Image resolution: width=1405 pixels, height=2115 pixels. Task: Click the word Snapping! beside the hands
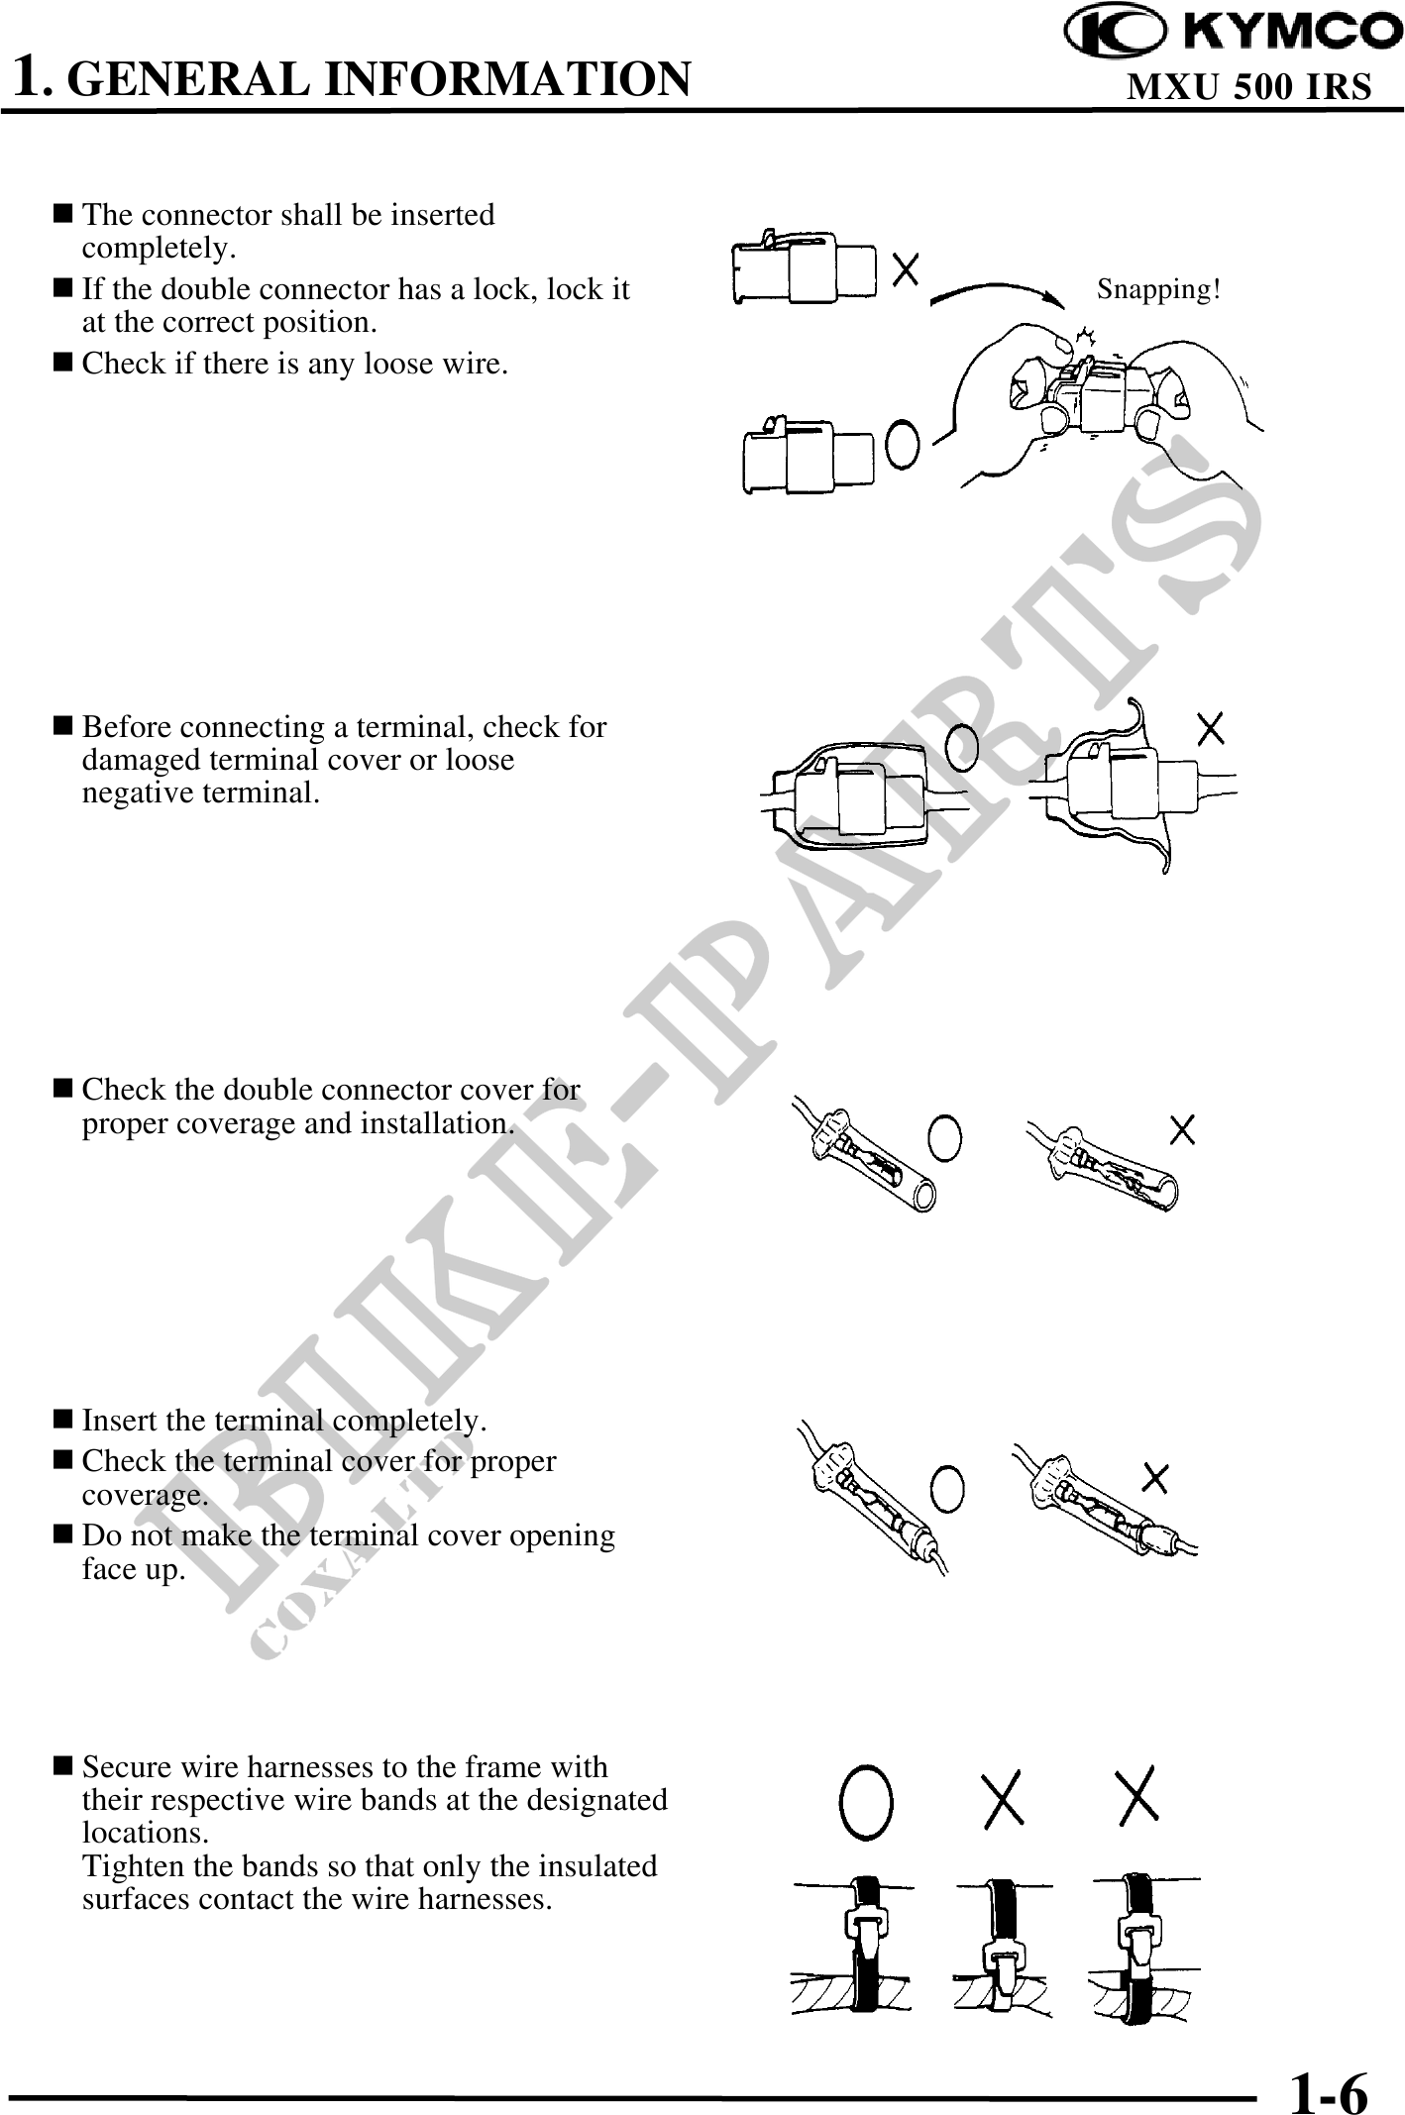(1158, 289)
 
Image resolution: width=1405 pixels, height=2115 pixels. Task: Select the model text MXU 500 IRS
(1249, 87)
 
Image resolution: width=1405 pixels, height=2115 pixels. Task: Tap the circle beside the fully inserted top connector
(902, 444)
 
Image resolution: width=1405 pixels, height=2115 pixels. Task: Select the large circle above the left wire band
(866, 1798)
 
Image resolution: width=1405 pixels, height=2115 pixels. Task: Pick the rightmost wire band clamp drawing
(1140, 1946)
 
